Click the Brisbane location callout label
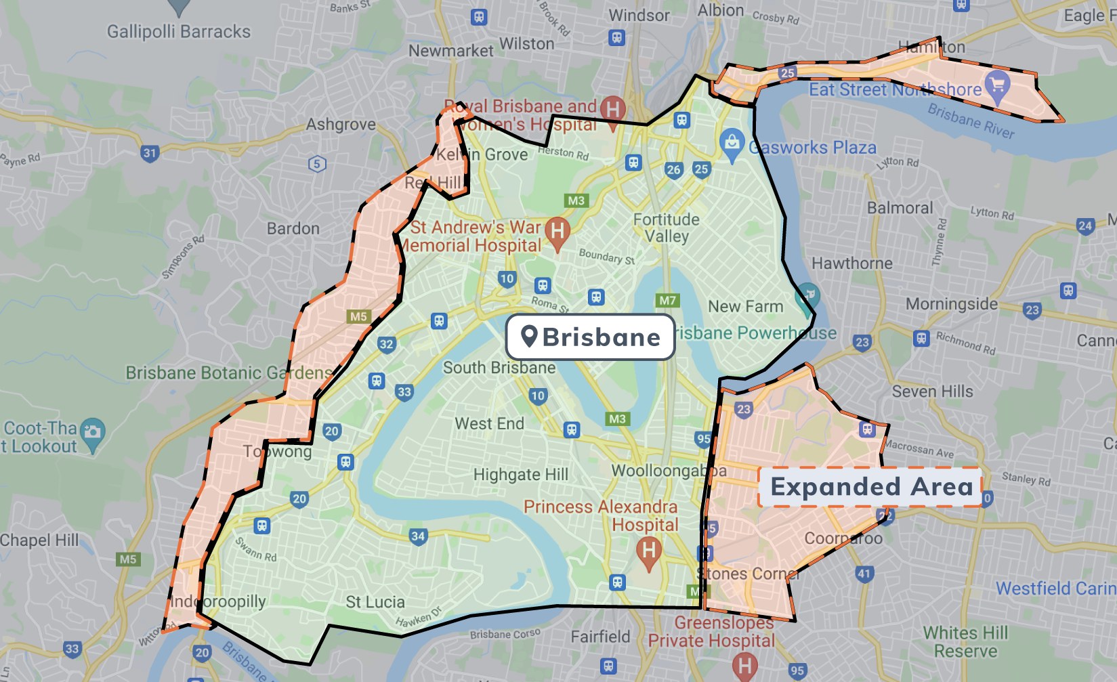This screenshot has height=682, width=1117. tap(590, 337)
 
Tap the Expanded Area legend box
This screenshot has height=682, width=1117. tap(870, 487)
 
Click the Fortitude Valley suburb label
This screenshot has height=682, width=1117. tap(667, 228)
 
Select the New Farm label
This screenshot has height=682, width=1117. tap(745, 307)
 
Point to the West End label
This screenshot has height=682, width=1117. tap(489, 424)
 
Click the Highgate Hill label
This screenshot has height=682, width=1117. tap(520, 474)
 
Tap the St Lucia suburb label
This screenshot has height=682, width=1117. tap(375, 602)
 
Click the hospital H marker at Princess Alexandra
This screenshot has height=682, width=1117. tap(648, 550)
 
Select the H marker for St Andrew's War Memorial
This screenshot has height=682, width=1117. tap(557, 231)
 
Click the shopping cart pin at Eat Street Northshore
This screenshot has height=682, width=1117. tap(996, 85)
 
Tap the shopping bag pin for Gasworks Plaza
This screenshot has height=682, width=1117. tap(732, 143)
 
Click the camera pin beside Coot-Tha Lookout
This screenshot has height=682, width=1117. tap(93, 431)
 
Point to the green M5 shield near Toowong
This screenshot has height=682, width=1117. tap(358, 316)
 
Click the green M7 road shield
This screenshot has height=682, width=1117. tap(667, 300)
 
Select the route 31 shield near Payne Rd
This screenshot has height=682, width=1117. tap(150, 153)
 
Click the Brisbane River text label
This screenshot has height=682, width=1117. tap(970, 121)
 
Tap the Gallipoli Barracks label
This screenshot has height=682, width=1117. tap(179, 32)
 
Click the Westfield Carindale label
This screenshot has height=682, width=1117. tap(1055, 589)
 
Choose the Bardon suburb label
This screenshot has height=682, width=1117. tap(293, 229)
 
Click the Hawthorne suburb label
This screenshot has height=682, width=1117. tap(851, 263)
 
